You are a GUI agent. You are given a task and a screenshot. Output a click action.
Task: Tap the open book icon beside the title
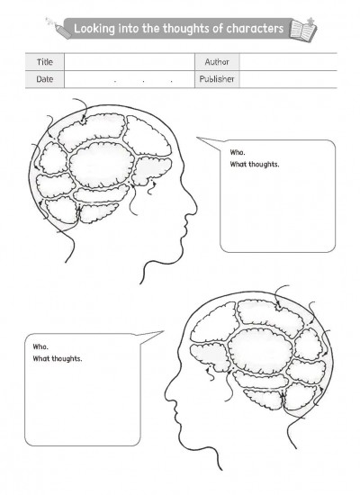[302, 29]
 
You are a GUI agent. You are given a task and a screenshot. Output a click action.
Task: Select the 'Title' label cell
[45, 62]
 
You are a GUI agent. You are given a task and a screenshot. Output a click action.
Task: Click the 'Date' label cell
[45, 79]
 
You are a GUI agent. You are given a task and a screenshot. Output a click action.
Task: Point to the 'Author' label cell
[217, 62]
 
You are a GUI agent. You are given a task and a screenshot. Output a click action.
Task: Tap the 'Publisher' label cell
[217, 79]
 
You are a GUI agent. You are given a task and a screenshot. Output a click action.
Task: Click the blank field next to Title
[130, 62]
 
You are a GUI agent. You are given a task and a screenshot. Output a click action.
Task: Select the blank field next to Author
[288, 62]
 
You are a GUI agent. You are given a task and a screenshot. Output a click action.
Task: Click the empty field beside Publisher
[288, 79]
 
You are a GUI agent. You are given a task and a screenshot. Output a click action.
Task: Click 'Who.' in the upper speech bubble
[238, 152]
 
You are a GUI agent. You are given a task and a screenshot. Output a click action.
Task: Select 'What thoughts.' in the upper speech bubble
[255, 164]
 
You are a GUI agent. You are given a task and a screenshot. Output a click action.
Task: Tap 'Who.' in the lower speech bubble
[40, 346]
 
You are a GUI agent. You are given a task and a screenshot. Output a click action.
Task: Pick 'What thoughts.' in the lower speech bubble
[58, 358]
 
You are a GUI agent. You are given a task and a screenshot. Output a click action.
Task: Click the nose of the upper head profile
[193, 207]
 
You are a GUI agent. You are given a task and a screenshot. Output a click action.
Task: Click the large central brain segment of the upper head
[102, 165]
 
